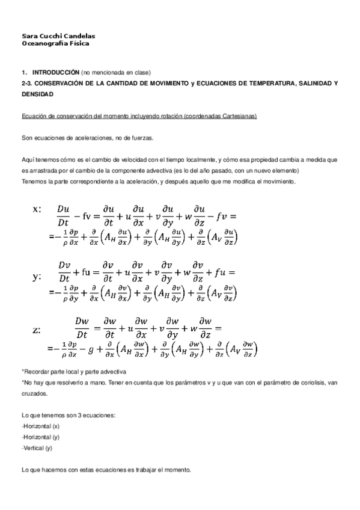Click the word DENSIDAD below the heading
click(x=37, y=94)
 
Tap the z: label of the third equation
click(x=37, y=330)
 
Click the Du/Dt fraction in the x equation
click(x=63, y=215)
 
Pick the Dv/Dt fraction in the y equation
click(x=64, y=271)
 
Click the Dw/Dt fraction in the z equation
click(x=82, y=328)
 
